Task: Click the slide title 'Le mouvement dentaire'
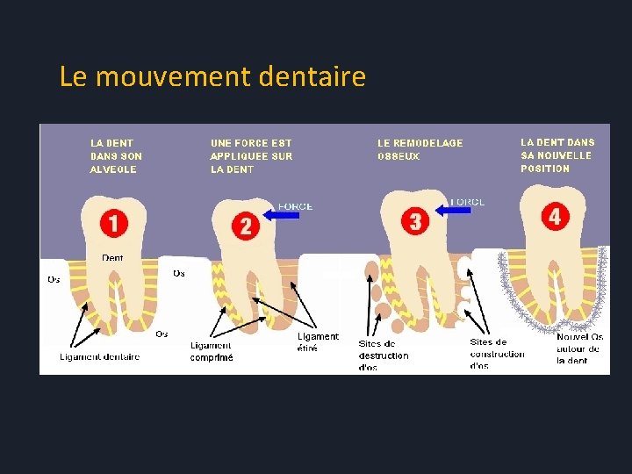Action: (x=212, y=77)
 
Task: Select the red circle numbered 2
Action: (x=246, y=225)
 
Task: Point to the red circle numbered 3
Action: (x=415, y=220)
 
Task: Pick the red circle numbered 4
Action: (x=554, y=215)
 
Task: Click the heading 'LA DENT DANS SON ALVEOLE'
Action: (x=116, y=155)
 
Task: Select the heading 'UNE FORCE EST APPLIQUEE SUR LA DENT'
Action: (x=251, y=155)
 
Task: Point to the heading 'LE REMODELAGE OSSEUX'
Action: (x=420, y=149)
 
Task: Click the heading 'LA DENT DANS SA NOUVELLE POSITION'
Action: (x=557, y=154)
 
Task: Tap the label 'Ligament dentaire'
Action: (x=99, y=356)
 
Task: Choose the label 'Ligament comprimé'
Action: (x=212, y=351)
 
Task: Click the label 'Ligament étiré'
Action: (x=317, y=342)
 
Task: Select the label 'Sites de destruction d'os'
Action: (x=384, y=355)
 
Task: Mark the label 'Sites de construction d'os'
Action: (x=497, y=354)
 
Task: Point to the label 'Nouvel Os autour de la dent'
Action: (x=579, y=348)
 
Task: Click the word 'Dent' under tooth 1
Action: (x=112, y=257)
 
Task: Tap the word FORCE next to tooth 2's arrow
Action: (x=295, y=206)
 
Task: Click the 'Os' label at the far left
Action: (x=54, y=280)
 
